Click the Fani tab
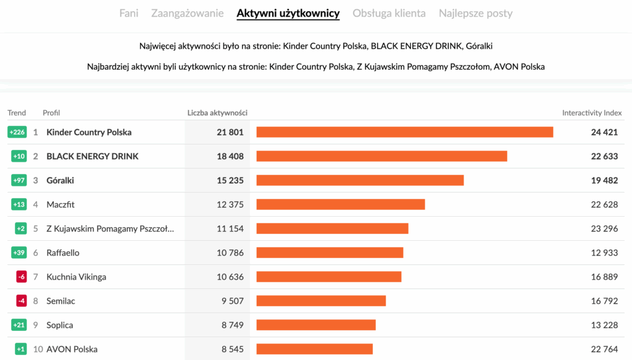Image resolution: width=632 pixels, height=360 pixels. tap(129, 13)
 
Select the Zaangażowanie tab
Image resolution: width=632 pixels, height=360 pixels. tap(187, 13)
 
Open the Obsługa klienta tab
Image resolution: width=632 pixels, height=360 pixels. tap(389, 13)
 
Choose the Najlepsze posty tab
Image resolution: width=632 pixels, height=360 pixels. tap(475, 13)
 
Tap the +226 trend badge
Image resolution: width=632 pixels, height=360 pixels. tap(17, 132)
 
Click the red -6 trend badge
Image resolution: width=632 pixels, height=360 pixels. tap(22, 277)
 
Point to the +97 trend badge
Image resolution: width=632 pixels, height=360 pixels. tap(19, 180)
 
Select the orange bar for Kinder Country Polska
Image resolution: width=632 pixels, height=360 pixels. tap(404, 132)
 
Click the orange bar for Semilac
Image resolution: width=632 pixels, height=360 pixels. tap(321, 301)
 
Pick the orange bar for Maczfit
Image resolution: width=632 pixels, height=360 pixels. tap(341, 204)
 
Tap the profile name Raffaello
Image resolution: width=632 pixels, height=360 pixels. tap(63, 253)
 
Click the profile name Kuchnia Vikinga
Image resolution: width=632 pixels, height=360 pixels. tap(77, 277)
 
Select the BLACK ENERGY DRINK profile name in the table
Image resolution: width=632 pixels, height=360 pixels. tap(93, 156)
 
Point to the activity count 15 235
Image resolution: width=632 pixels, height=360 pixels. tap(230, 180)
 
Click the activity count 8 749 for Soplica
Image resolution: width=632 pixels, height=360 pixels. tap(233, 325)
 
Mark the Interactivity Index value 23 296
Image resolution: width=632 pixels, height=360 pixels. tap(604, 228)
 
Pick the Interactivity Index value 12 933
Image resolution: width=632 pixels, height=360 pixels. tap(604, 253)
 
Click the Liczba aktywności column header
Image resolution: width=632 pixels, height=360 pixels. tap(217, 112)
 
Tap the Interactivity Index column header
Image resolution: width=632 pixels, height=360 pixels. tap(592, 113)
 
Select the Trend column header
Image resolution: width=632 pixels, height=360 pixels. tap(17, 112)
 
